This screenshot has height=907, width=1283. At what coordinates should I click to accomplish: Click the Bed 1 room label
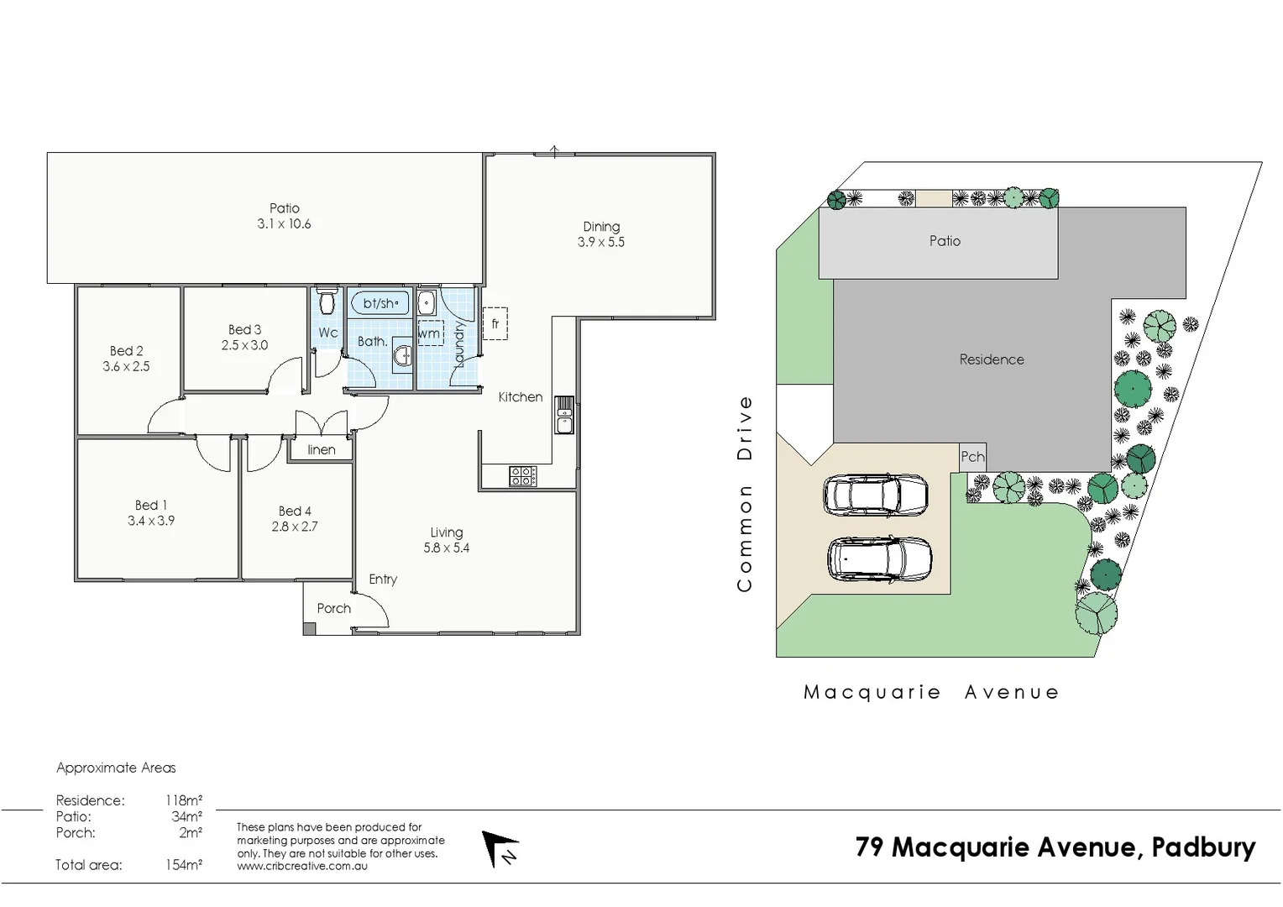click(x=151, y=505)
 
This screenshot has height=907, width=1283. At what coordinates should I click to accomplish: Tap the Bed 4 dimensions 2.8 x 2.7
click(x=294, y=527)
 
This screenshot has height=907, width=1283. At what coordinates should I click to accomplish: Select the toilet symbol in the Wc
click(x=327, y=301)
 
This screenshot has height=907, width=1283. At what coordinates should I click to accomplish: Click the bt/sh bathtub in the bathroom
click(x=380, y=303)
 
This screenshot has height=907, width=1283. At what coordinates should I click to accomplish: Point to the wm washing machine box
click(x=430, y=333)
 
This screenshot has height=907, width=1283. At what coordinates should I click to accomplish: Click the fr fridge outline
click(x=495, y=323)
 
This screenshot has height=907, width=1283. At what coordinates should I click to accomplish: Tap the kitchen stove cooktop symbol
click(x=521, y=476)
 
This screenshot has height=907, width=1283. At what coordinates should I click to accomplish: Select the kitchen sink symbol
click(x=564, y=415)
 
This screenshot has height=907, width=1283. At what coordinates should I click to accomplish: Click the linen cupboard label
click(x=321, y=449)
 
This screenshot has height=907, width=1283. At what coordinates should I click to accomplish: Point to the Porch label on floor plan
click(x=333, y=608)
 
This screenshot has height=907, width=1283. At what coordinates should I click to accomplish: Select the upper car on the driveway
click(x=876, y=495)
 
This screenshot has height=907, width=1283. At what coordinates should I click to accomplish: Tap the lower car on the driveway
click(x=879, y=558)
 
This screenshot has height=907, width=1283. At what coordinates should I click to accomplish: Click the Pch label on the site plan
click(x=972, y=457)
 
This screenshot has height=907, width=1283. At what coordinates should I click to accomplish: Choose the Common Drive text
click(x=744, y=494)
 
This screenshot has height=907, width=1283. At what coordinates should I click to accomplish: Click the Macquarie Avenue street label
click(x=931, y=692)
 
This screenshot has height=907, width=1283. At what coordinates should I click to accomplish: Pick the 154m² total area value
click(x=183, y=865)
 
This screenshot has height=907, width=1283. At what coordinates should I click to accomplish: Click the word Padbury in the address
click(x=1202, y=847)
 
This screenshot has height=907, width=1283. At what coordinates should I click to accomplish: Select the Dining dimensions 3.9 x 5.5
click(x=600, y=242)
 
